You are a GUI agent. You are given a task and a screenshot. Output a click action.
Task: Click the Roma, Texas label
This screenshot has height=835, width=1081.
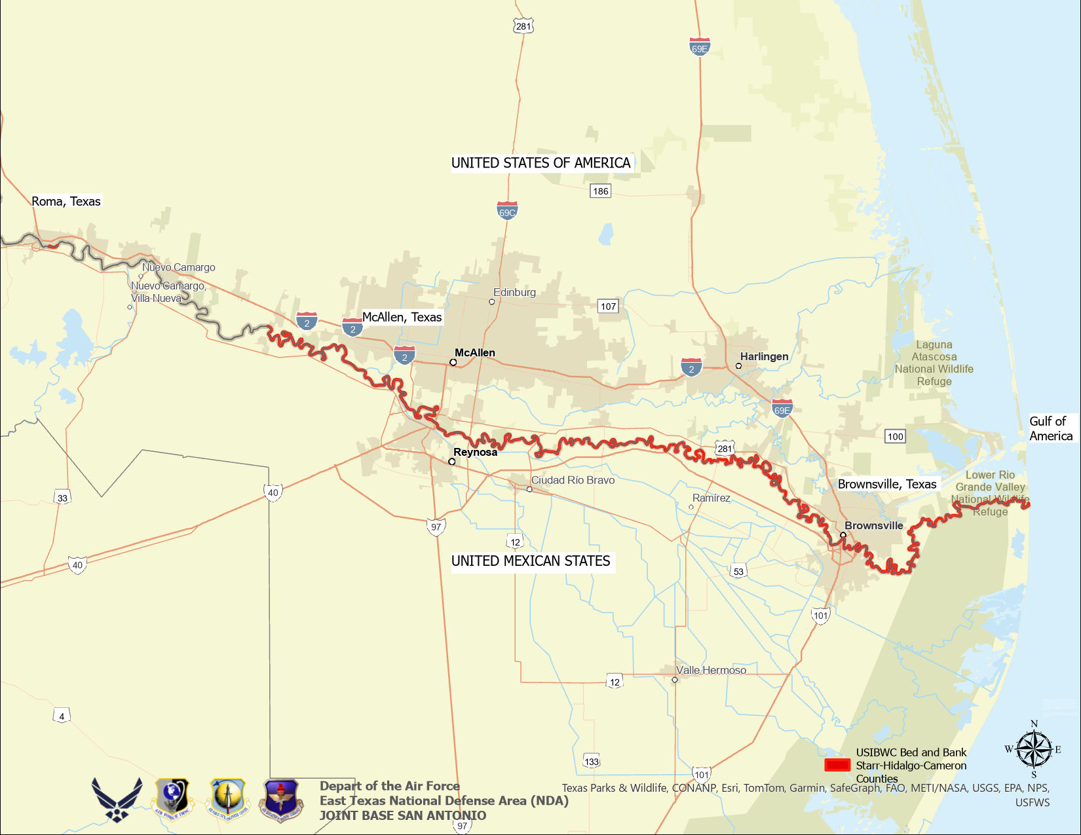click(66, 201)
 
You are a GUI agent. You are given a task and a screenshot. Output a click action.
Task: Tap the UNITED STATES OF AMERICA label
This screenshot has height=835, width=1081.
click(540, 163)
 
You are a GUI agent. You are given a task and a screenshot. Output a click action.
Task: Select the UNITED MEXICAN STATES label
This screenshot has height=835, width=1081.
click(531, 561)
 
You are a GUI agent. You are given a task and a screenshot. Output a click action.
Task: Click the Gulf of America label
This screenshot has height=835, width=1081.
click(1050, 428)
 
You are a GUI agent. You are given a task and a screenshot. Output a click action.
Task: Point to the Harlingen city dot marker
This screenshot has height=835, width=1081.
click(738, 366)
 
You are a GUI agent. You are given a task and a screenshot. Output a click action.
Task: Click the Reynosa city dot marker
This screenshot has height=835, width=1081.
click(451, 462)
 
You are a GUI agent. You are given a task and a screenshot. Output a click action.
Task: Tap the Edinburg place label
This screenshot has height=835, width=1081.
click(514, 292)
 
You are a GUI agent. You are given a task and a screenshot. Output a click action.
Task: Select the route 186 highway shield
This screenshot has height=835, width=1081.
click(600, 191)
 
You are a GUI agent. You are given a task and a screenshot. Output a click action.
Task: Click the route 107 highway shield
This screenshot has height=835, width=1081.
click(608, 306)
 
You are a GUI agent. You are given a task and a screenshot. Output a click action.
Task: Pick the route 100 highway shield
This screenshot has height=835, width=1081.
click(895, 436)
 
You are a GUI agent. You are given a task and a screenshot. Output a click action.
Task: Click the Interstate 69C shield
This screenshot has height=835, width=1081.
click(507, 210)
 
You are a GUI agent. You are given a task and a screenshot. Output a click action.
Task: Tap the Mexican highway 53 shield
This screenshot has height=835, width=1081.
click(738, 571)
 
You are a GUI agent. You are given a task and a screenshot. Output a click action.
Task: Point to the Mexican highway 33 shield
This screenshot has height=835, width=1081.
click(62, 498)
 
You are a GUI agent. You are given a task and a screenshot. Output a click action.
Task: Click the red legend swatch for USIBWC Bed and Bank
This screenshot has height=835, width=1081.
click(837, 765)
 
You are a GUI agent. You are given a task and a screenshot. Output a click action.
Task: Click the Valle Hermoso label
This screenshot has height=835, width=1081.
click(711, 670)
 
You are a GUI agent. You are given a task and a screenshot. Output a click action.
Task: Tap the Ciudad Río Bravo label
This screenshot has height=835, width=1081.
click(573, 480)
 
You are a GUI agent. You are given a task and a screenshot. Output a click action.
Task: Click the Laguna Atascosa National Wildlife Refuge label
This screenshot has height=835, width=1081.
click(934, 363)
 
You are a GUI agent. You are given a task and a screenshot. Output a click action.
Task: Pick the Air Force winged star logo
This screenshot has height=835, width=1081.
click(117, 800)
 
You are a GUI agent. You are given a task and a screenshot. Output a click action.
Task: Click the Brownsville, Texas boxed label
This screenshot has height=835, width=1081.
click(887, 484)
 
